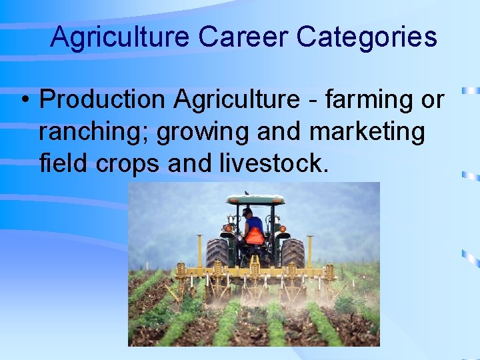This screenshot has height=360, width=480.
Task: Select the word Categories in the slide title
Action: (x=367, y=37)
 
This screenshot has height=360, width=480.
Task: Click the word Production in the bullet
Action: (x=103, y=99)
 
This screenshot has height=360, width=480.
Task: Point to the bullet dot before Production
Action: (x=24, y=101)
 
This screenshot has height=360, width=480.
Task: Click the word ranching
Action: (x=93, y=131)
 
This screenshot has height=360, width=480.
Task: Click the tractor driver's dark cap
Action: (x=247, y=211)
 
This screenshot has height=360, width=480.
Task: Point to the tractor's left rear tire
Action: (x=217, y=253)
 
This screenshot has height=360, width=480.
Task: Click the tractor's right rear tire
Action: (x=293, y=253)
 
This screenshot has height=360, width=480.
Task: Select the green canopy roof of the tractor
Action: (x=255, y=199)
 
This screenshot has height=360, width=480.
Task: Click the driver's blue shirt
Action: (x=254, y=223)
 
